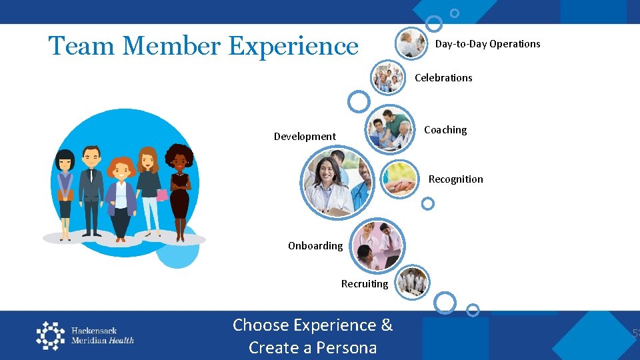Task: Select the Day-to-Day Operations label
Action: tap(487, 44)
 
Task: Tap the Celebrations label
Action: tap(443, 78)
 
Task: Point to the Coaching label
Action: tap(445, 130)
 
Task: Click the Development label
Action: tap(305, 137)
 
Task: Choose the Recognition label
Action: tap(455, 179)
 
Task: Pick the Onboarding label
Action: tap(315, 246)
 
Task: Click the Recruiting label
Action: tap(364, 284)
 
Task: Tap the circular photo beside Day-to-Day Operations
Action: tap(411, 44)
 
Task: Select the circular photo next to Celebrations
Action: tap(388, 78)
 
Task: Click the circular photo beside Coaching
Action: tap(391, 129)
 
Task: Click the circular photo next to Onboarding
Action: tap(377, 245)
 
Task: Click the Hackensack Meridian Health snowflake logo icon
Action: tap(51, 335)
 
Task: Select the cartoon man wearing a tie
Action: tap(91, 190)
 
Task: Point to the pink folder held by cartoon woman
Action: tap(162, 195)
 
